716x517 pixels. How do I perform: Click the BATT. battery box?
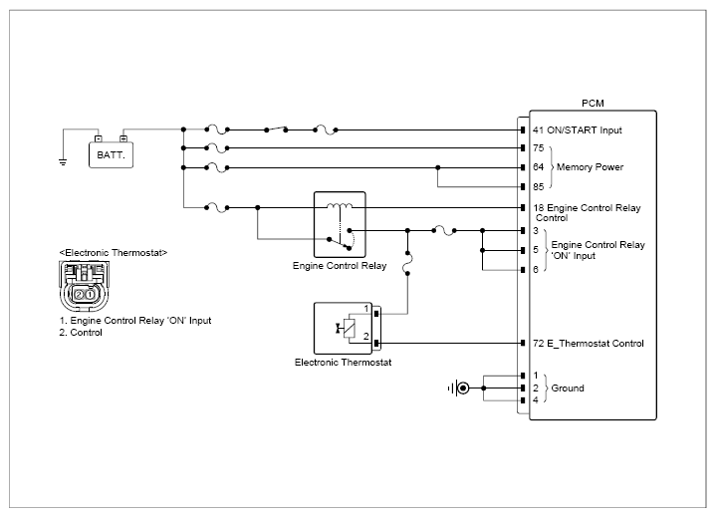coord(111,154)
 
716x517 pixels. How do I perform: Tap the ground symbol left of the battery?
coord(63,161)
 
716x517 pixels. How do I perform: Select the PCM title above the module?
coord(593,104)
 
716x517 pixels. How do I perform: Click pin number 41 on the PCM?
coord(538,130)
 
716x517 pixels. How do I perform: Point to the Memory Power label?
coord(590,167)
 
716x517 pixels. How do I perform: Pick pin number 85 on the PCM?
coord(539,187)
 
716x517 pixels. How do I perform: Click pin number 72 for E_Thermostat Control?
coord(538,343)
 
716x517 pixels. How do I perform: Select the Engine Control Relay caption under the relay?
coord(340,266)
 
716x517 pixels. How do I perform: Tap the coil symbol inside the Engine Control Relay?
coord(340,206)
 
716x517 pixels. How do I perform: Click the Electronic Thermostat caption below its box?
coord(343,363)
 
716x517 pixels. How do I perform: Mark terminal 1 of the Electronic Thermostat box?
coord(366,309)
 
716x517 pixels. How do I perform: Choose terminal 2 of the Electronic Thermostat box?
coord(366,337)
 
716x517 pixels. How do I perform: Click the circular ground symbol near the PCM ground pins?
coord(463,388)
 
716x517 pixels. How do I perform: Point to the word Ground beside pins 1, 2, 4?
coord(568,388)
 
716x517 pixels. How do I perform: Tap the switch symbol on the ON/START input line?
coord(276,129)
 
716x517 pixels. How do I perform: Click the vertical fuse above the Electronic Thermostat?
coord(407,263)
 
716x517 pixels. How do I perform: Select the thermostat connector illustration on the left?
coord(85,286)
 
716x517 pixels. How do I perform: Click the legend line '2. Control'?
coord(81,333)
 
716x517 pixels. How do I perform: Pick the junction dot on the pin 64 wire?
coord(437,167)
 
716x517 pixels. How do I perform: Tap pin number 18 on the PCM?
coord(539,208)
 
